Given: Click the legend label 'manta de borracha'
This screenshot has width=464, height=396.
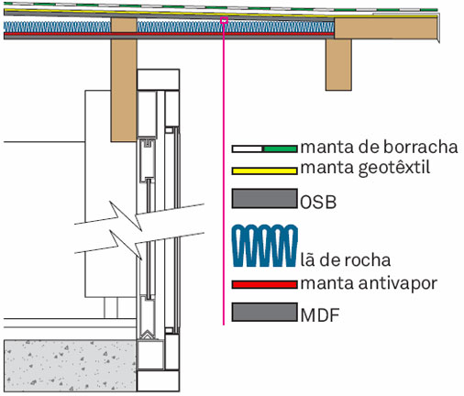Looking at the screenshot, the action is point(379,147).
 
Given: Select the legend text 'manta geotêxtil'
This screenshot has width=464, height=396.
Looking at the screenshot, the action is point(365,169).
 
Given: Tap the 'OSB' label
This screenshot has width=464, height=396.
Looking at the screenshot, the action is point(318,203).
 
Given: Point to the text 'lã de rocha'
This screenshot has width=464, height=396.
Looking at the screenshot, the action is point(346,260).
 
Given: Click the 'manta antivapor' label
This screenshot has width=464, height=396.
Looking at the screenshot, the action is point(369,284).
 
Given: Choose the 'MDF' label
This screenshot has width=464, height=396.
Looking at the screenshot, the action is point(320,315).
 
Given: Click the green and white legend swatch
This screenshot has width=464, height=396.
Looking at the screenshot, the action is point(264,149).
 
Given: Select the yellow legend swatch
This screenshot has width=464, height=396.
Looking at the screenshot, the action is point(264,170).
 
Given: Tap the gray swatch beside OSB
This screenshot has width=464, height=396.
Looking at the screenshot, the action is point(265,199).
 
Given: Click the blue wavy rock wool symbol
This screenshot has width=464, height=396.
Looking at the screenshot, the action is point(265,246).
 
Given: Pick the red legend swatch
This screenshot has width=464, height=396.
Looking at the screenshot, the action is point(264,285).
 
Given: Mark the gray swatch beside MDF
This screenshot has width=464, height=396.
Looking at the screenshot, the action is point(265,312).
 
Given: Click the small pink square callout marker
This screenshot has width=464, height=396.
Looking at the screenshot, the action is point(224,20).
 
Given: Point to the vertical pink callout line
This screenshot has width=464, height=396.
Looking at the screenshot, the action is point(224,174).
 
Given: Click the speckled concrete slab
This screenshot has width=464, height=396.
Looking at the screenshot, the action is point(70,366).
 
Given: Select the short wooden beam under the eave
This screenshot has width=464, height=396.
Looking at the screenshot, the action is point(338,64).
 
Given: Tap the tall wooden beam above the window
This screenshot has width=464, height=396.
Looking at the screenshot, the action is point(124,80).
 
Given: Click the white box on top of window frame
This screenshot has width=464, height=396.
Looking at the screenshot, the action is point(158,80).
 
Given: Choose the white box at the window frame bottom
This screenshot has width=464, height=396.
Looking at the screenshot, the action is point(158,380).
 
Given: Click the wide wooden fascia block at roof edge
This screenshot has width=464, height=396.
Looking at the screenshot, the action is point(386,28).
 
